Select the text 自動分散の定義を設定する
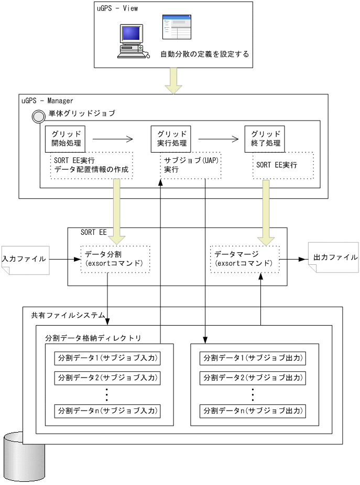(204, 54)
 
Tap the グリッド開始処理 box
(66, 138)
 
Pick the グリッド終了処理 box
(265, 138)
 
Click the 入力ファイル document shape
(25, 259)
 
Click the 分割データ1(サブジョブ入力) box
(107, 359)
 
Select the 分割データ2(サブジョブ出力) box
(253, 378)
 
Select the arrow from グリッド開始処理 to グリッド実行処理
(112, 139)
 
